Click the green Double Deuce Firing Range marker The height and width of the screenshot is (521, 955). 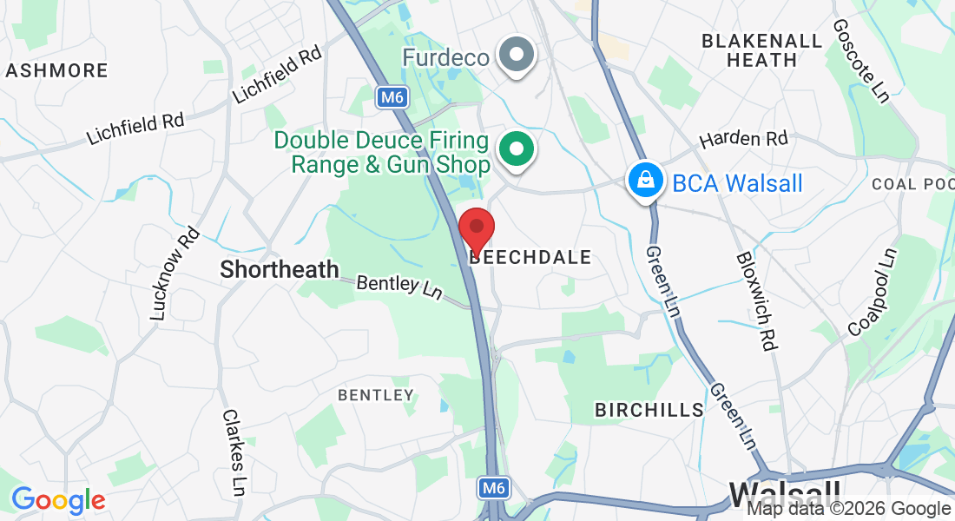click(x=517, y=149)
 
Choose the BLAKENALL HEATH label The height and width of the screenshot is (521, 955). click(x=761, y=50)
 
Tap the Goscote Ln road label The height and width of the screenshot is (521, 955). click(x=860, y=61)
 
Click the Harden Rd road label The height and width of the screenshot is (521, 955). click(x=743, y=139)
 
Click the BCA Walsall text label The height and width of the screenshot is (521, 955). click(x=737, y=183)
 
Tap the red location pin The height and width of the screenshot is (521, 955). click(x=476, y=230)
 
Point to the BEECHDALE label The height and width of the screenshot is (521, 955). click(x=530, y=257)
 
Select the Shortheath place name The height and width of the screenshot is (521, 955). click(x=280, y=269)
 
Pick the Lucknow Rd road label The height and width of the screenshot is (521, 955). click(x=175, y=274)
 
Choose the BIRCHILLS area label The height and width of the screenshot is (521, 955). click(x=649, y=410)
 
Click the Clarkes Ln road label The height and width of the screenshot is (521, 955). click(x=233, y=452)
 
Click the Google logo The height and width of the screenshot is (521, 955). click(x=58, y=500)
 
